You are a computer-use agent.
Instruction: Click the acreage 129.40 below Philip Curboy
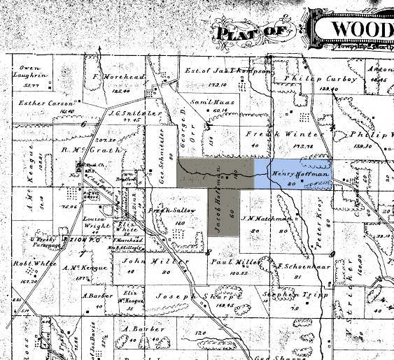309,89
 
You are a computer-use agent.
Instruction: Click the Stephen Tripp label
288,296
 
